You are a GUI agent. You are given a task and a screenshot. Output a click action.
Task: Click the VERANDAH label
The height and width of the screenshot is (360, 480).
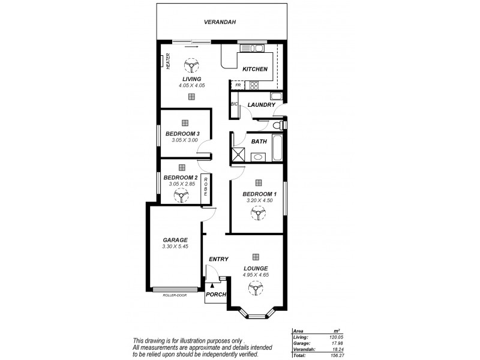[x=220, y=22]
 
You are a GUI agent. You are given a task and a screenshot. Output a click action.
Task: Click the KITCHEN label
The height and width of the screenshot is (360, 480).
[x=255, y=69]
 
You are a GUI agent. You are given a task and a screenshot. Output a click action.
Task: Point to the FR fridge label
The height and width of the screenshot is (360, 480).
[x=238, y=85]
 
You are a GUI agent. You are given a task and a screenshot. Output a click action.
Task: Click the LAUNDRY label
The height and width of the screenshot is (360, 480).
[x=261, y=105]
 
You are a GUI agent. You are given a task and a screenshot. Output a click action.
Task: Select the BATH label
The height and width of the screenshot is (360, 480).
[x=259, y=142]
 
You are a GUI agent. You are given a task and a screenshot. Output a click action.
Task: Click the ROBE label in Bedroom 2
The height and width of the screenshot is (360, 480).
[x=205, y=186]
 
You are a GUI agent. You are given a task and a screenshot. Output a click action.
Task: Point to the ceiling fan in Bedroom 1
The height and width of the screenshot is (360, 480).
[x=258, y=213]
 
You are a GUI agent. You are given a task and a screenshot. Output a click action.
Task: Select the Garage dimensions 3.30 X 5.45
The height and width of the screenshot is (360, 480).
[x=175, y=246]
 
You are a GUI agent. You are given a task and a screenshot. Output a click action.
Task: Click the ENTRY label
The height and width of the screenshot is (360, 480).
[x=218, y=259]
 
